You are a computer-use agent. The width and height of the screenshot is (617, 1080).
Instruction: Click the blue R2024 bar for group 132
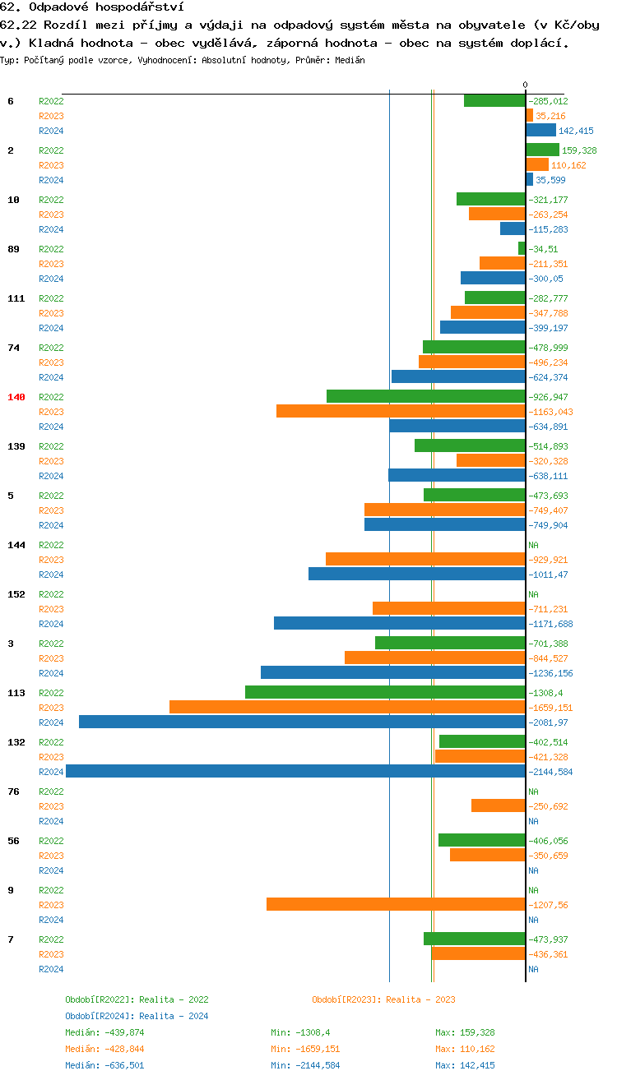295,771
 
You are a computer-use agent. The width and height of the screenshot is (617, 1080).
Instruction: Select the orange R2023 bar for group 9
396,904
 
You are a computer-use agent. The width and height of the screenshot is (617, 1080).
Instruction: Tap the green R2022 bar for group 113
385,692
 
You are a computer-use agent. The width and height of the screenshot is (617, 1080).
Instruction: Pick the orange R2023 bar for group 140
401,411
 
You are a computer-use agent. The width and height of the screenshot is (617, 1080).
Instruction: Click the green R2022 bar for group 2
542,150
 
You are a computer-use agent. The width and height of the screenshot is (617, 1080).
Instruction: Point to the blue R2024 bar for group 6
540,130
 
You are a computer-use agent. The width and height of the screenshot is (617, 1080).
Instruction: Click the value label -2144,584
550,772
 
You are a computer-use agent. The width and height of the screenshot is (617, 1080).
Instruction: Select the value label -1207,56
548,905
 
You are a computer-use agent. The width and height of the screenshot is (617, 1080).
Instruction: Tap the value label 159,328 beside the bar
579,150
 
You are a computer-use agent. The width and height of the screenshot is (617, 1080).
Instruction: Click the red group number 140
16,397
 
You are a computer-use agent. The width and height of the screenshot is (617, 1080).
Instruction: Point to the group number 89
13,249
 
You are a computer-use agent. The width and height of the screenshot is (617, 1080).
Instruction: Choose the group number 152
16,594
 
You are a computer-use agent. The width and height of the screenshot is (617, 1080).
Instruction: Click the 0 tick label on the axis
526,85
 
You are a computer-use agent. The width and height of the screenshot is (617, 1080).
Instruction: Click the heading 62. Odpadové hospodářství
86,7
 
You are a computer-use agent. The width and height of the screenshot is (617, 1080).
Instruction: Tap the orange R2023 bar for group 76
498,805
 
